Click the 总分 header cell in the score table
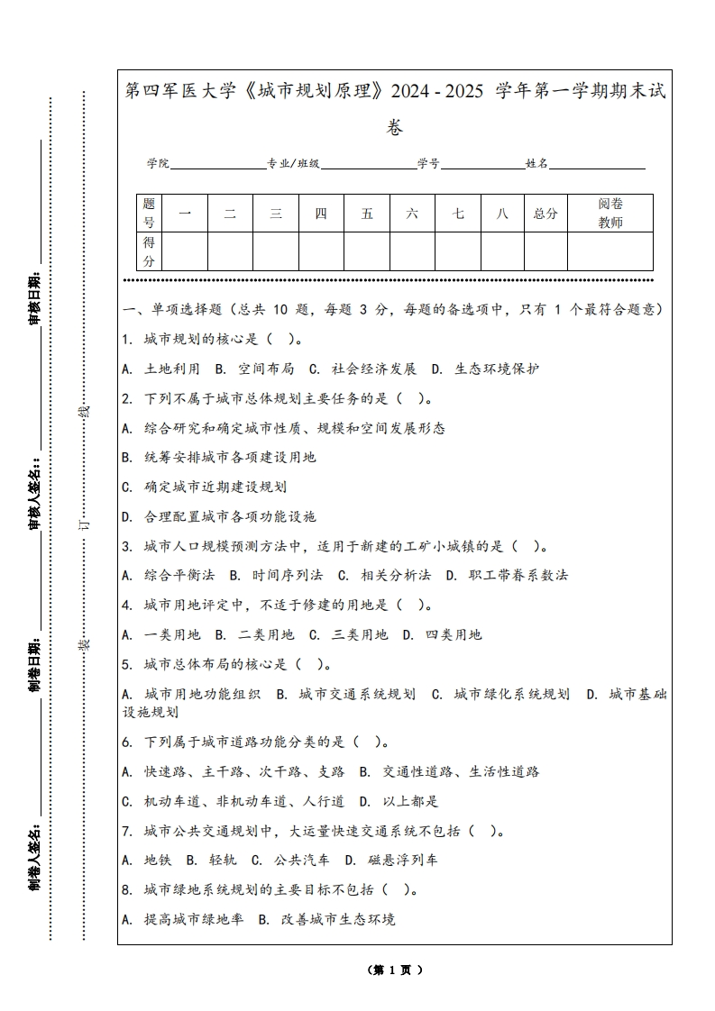545,214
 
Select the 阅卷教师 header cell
610,214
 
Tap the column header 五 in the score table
367,214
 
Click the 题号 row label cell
149,214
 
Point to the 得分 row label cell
149,251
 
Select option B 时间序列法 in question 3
276,575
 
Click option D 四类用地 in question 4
443,634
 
